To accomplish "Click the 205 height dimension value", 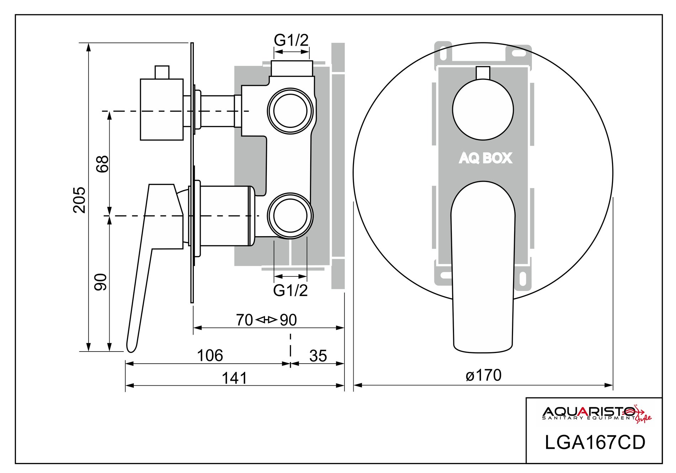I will click(x=79, y=200).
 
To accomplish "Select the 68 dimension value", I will click(x=102, y=164).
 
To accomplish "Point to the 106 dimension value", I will click(x=210, y=355).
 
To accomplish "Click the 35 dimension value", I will click(x=318, y=356).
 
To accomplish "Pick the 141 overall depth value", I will click(x=234, y=378).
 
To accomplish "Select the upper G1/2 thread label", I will click(x=291, y=41).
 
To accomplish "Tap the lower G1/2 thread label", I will click(x=290, y=291).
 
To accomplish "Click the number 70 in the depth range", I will click(x=244, y=320).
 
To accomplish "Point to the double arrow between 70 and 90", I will click(x=266, y=320).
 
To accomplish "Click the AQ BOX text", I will click(x=485, y=158).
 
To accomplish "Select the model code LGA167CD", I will click(x=595, y=443).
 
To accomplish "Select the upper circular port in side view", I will click(x=290, y=110).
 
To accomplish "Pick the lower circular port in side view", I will click(x=290, y=215).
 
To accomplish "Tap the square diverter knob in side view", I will click(x=162, y=109).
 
